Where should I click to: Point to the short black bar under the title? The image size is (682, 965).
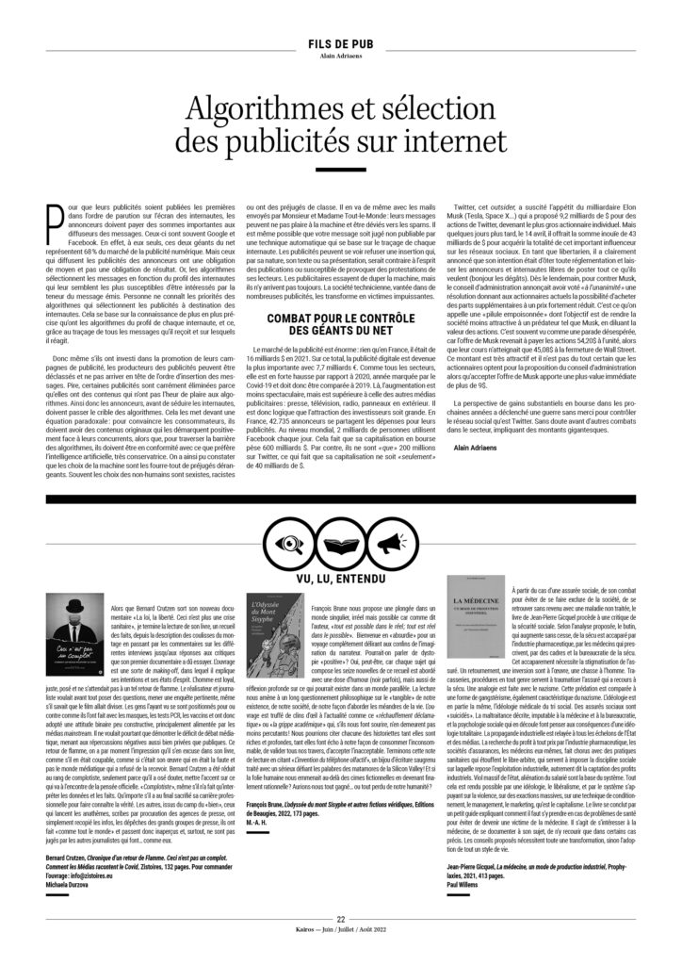tap(340, 169)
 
